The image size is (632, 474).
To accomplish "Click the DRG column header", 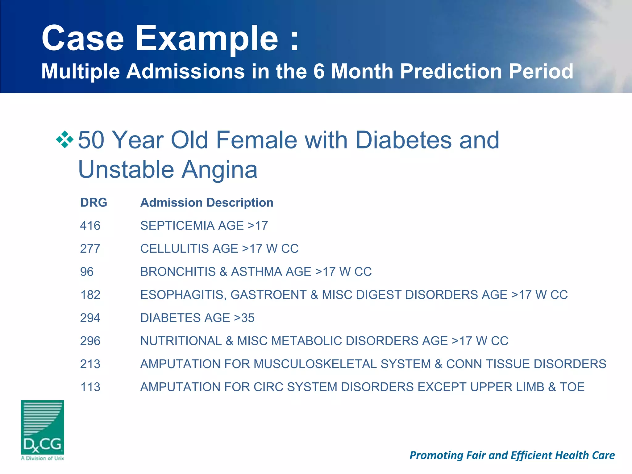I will point(94,203).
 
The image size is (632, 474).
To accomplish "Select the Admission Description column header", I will point(207,203).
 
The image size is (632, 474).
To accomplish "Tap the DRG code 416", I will point(90,226).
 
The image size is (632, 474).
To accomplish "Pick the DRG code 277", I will point(90,249).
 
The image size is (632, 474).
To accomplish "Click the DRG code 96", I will point(87,272).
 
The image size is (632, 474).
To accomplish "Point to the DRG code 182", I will point(90,295).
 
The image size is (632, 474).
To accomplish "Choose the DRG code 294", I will point(90,318).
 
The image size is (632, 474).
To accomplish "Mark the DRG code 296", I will point(90,341).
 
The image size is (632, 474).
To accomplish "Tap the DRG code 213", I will point(90,364).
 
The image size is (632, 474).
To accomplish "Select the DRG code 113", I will point(90,387).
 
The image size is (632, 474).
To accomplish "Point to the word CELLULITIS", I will point(189,249).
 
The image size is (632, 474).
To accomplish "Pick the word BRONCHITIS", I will point(178,272).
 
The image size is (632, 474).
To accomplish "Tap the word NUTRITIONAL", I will point(181,341).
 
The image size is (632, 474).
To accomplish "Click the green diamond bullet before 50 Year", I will point(65,139).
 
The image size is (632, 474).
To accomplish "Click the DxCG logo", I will point(43,430).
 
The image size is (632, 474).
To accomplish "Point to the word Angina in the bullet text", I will point(219,170).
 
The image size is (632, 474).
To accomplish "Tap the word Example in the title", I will point(206,39).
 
